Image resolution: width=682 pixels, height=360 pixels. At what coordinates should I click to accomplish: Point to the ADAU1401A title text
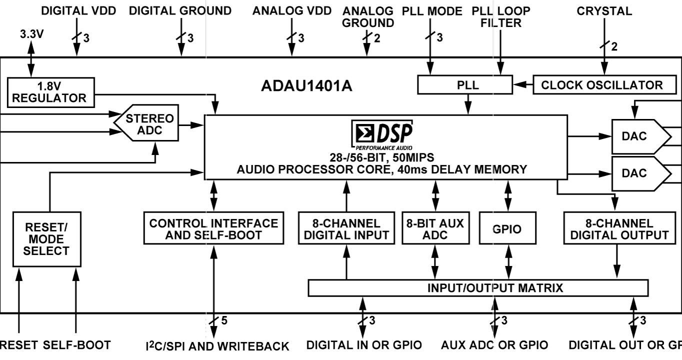[306, 86]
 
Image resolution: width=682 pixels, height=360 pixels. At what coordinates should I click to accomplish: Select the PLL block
[465, 85]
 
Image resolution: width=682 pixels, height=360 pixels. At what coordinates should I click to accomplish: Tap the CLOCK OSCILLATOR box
[602, 85]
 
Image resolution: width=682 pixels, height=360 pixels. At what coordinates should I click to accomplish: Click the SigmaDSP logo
[382, 134]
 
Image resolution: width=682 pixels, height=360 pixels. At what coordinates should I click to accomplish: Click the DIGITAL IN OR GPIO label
[363, 345]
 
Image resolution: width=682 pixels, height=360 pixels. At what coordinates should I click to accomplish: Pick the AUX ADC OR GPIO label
[495, 345]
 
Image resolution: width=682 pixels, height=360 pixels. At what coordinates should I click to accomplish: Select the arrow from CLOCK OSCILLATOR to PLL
[523, 85]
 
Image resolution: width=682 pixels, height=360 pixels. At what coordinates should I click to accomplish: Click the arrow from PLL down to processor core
[468, 104]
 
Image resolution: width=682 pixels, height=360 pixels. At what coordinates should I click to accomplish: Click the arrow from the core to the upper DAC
[589, 136]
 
